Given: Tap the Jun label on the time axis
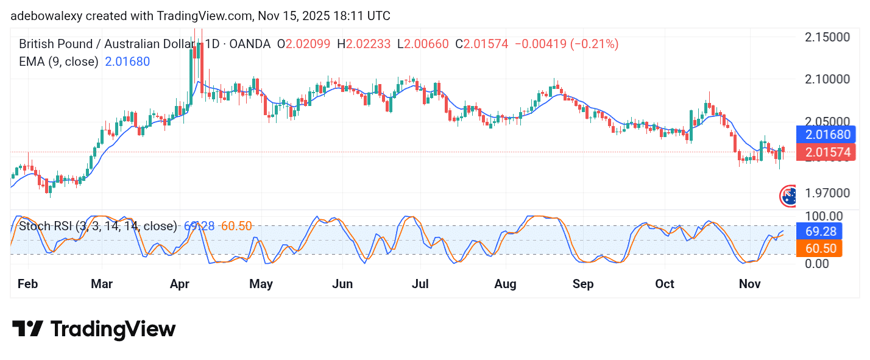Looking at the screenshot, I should point(343,284).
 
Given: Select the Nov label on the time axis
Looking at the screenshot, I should point(750,284).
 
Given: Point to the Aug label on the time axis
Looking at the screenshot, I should point(506,284).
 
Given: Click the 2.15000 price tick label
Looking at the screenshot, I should point(827,37).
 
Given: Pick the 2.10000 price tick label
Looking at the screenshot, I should point(827,79).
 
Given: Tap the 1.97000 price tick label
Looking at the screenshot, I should point(827,193).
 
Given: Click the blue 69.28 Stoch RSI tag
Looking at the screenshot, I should point(819,231).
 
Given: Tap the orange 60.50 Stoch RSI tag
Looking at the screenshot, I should point(819,248).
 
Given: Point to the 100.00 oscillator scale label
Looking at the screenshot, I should point(823,216).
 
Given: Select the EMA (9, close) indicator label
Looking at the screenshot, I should point(58,62).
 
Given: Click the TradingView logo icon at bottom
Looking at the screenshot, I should point(27,330).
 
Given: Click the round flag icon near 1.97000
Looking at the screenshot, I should point(788,195).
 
